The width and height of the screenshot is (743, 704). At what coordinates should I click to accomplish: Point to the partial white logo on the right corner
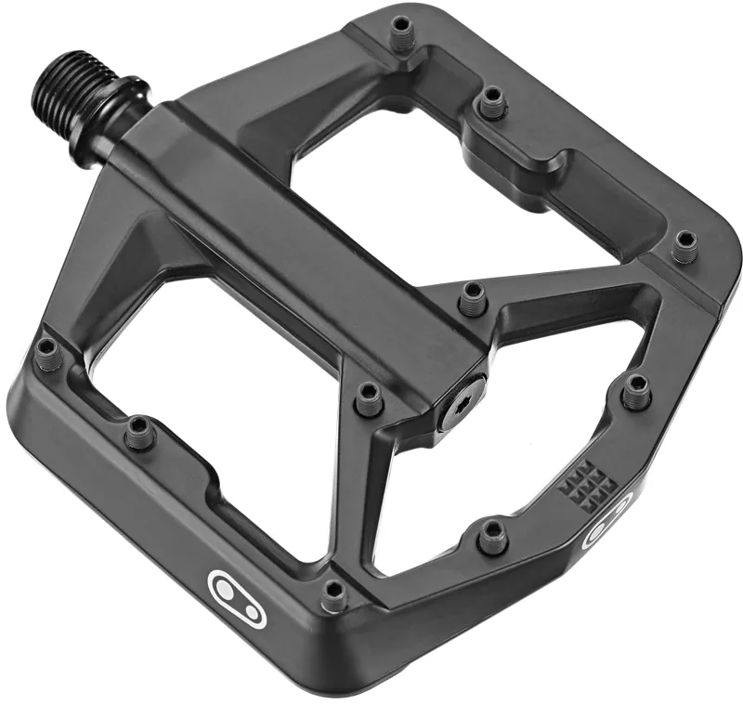(605, 524)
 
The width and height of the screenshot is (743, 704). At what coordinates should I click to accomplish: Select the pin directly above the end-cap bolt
(471, 296)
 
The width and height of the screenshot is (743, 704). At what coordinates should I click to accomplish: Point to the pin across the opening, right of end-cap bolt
(636, 391)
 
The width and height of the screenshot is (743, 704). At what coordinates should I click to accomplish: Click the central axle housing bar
(306, 241)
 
